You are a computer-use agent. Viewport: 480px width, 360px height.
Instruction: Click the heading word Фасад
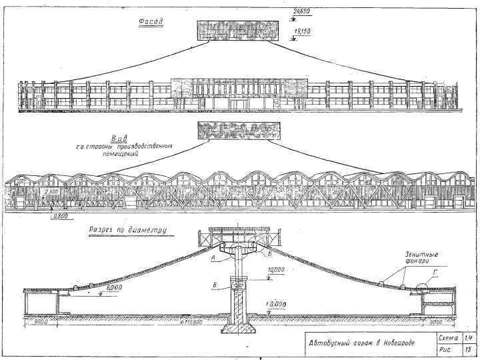coord(151,21)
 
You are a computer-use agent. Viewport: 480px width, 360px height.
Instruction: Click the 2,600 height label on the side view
coord(53,192)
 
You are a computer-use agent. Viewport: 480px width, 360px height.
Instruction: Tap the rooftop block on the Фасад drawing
coord(237,29)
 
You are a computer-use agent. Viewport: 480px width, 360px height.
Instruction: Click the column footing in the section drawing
coord(237,329)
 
